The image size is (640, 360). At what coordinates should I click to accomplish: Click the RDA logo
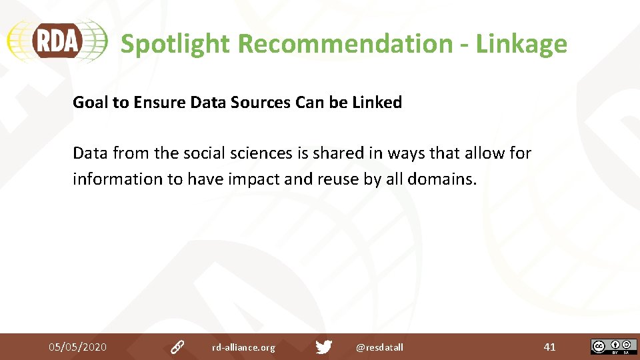(57, 41)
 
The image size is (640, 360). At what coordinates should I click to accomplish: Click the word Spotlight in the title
(175, 44)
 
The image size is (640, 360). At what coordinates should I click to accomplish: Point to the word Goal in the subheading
(89, 103)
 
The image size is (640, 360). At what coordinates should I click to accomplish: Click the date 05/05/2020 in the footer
(77, 347)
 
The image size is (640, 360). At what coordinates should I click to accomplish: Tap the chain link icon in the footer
(177, 347)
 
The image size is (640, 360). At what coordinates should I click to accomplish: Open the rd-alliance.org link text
(243, 347)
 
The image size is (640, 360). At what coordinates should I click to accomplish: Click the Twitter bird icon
(324, 347)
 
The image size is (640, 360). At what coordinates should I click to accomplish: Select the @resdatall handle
(379, 347)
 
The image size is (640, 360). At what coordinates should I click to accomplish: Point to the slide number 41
(549, 347)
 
